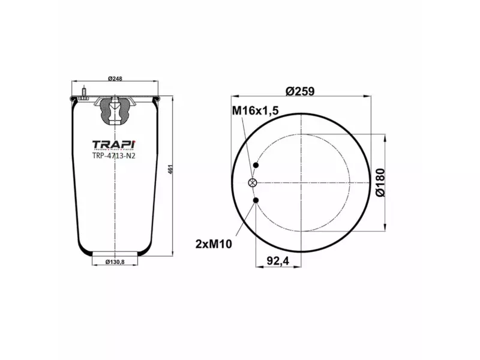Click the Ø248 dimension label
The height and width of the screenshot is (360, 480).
[x=115, y=79]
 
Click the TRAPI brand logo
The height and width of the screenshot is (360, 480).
[x=115, y=145]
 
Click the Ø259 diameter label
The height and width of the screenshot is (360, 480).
[x=300, y=91]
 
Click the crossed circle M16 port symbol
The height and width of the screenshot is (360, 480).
[x=253, y=183]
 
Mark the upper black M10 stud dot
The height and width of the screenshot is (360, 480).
[x=256, y=166]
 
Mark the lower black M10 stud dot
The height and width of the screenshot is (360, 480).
[x=256, y=200]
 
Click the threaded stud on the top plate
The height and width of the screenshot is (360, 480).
[x=83, y=93]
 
